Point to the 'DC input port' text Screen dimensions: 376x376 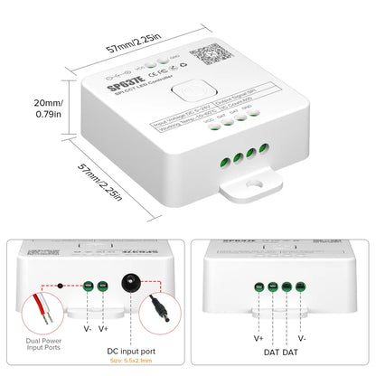pyautogui.click(x=131, y=350)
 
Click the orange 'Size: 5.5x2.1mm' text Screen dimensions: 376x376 pyautogui.click(x=131, y=362)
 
